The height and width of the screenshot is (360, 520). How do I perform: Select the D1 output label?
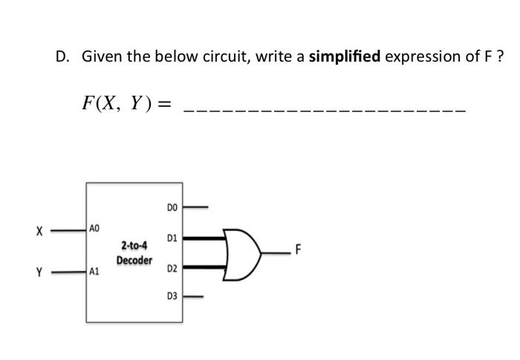tap(172, 239)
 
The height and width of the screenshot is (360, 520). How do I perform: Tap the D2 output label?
tap(172, 266)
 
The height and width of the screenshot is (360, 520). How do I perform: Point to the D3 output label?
tap(172, 296)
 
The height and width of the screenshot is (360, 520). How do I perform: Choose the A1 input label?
tap(94, 272)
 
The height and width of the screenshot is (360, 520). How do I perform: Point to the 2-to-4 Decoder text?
tap(134, 252)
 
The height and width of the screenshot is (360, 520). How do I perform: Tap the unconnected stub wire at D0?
tap(196, 207)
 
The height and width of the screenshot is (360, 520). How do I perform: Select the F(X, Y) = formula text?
tap(126, 103)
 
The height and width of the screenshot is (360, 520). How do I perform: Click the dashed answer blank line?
tap(325, 110)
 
